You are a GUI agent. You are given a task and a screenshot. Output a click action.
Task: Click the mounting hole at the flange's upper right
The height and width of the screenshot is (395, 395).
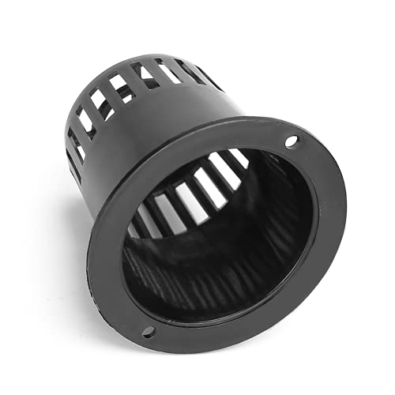(x=292, y=142)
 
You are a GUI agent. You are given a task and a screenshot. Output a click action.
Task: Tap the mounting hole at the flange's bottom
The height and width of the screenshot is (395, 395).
(x=147, y=331)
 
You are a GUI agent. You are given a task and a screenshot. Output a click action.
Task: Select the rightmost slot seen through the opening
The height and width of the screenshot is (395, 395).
(x=238, y=158)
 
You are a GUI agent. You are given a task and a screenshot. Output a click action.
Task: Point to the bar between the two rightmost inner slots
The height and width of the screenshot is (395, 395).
(x=230, y=164)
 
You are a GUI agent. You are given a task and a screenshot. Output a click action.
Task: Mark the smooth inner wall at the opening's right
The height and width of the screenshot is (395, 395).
(x=296, y=229)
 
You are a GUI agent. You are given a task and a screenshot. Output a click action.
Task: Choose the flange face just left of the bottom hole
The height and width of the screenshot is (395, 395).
(x=126, y=320)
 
